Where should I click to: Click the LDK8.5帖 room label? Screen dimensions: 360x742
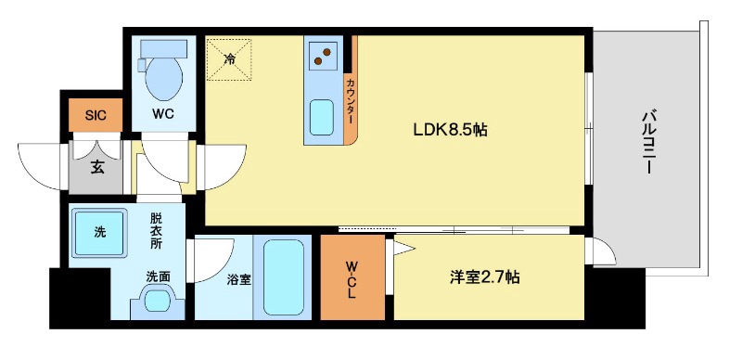point(450,131)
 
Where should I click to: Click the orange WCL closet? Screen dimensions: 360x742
point(352,277)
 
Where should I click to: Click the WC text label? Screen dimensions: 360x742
point(163,115)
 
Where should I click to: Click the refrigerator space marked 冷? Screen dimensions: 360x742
point(228,58)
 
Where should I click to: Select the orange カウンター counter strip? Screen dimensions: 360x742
point(351,102)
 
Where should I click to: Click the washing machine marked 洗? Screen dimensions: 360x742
point(99,232)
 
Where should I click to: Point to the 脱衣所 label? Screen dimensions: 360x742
point(156,232)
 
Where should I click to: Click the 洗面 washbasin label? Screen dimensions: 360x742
point(156,276)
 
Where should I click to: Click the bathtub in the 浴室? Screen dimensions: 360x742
point(283,277)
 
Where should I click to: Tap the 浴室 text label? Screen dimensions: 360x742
point(238,277)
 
